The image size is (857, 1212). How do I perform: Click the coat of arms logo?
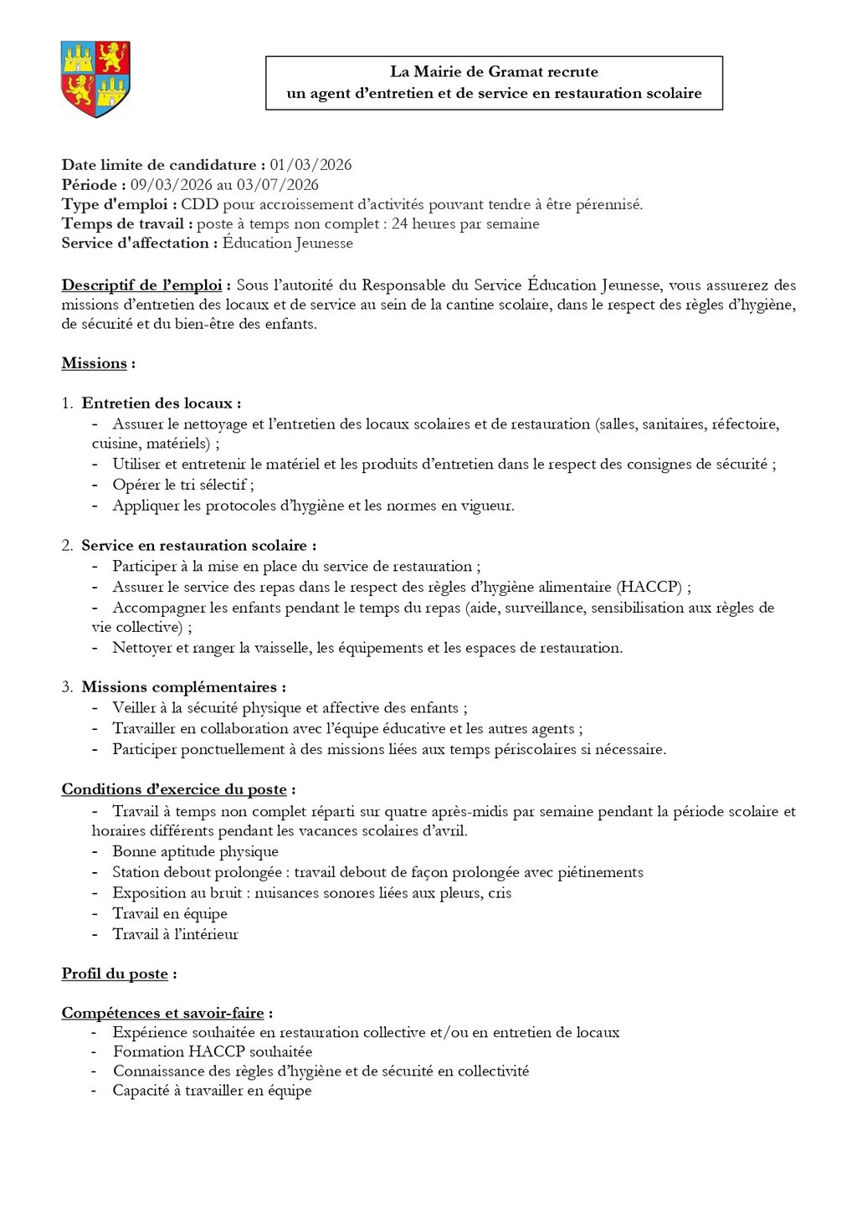(95, 79)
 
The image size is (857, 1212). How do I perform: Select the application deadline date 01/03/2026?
(310, 165)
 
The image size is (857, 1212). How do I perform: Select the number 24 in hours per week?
(399, 223)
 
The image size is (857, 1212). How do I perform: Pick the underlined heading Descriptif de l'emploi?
(141, 285)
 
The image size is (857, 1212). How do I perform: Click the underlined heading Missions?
(95, 363)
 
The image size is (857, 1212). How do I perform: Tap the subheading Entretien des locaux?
(161, 403)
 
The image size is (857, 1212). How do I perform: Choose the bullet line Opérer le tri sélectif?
(183, 485)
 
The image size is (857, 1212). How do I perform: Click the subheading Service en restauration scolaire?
(198, 546)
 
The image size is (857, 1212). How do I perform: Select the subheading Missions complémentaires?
(183, 687)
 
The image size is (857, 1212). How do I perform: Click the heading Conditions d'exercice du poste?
(174, 789)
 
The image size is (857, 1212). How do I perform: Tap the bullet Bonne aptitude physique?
(195, 851)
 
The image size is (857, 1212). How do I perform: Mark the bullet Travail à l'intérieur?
(175, 934)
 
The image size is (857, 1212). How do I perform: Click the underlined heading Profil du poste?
(115, 973)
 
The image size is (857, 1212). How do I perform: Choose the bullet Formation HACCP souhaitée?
(213, 1051)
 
